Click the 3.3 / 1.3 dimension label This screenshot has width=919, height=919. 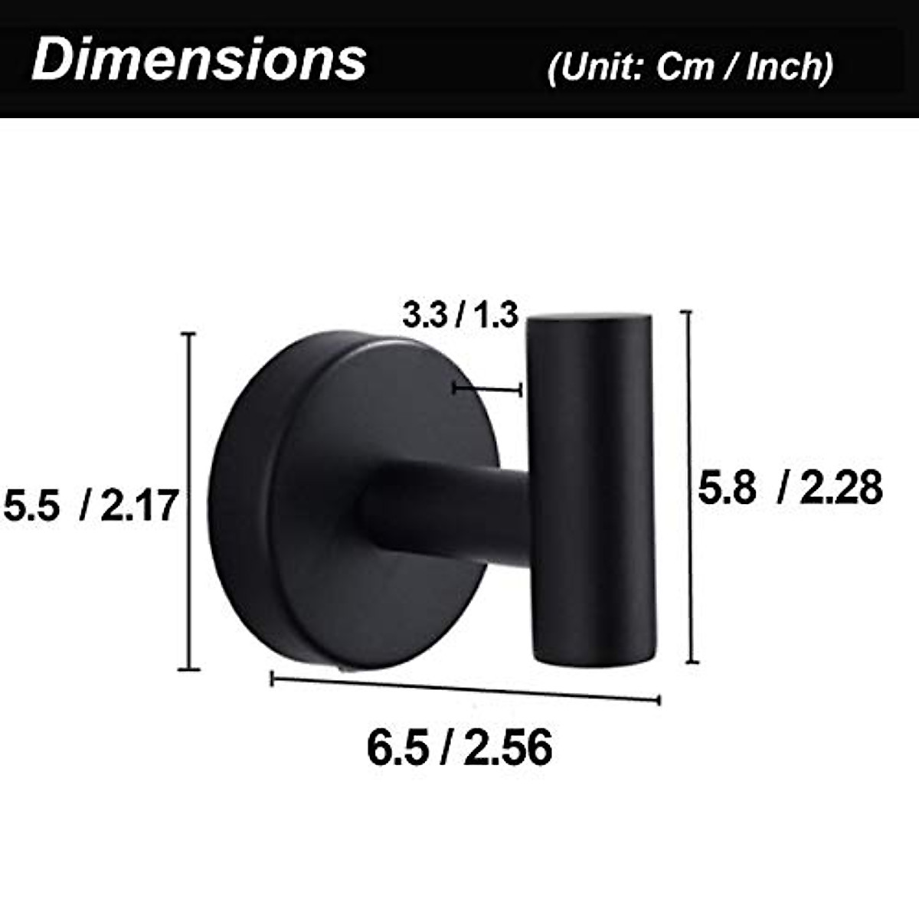[x=461, y=315]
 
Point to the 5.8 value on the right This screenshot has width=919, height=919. [x=727, y=488]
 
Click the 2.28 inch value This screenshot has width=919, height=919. [x=840, y=488]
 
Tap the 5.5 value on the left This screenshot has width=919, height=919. [x=32, y=506]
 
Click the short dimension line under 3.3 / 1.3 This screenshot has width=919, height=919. [x=487, y=390]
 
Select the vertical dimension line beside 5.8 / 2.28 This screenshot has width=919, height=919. [x=691, y=487]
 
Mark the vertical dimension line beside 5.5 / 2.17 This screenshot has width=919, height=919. [x=188, y=502]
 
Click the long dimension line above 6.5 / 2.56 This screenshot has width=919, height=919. [x=466, y=688]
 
